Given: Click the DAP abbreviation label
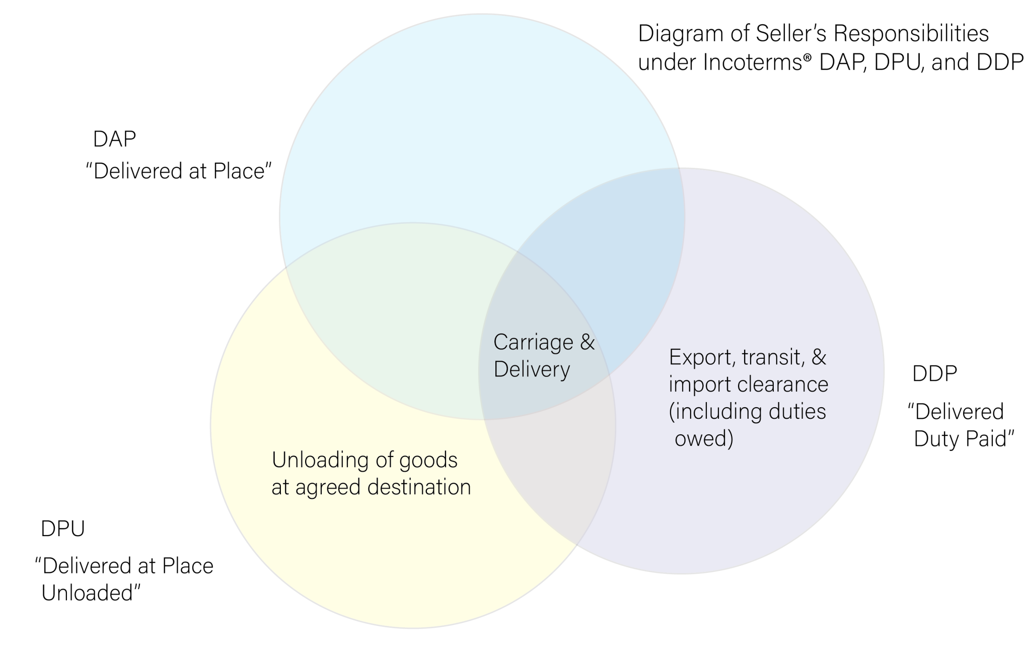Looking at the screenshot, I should click(114, 139).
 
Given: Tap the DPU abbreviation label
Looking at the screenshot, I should click(62, 529).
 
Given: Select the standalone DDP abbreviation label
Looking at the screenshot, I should click(934, 374).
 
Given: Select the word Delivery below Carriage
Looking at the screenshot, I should click(532, 370).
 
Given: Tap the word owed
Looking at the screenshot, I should click(703, 439).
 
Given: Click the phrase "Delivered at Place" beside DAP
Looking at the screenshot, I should click(179, 171).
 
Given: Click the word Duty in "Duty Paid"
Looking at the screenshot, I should click(935, 439).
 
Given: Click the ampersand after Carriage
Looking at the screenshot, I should click(587, 343).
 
